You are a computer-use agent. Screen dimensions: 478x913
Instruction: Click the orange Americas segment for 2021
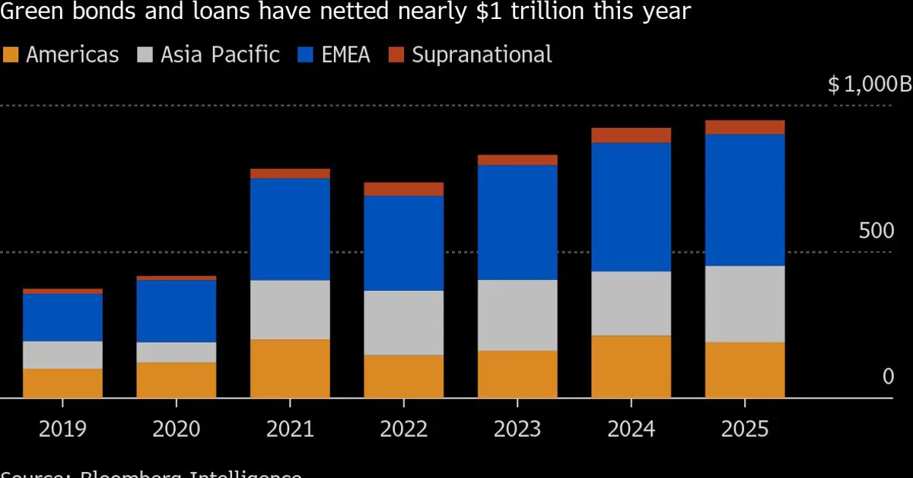click(x=290, y=368)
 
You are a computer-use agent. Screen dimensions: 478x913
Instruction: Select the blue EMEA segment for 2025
click(x=745, y=199)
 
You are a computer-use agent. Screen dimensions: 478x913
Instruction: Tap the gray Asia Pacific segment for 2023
click(x=517, y=315)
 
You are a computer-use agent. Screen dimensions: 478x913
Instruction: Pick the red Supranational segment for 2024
click(x=631, y=135)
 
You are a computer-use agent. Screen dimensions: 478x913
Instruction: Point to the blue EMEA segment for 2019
click(x=62, y=317)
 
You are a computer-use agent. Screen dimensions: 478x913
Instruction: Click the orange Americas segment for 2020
click(x=176, y=380)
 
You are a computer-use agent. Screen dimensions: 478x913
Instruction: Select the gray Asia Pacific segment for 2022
click(x=403, y=323)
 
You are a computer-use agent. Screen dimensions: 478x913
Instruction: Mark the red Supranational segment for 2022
click(x=403, y=189)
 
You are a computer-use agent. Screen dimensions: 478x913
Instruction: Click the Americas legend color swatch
click(x=11, y=55)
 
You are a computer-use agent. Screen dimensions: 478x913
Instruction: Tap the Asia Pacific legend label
click(x=220, y=55)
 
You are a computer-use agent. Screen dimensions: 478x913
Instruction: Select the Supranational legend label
click(x=482, y=55)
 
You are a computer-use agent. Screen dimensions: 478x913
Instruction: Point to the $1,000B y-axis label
click(x=868, y=84)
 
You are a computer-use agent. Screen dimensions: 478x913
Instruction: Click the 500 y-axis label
click(x=876, y=231)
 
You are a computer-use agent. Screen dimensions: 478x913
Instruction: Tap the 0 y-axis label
click(x=888, y=377)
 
